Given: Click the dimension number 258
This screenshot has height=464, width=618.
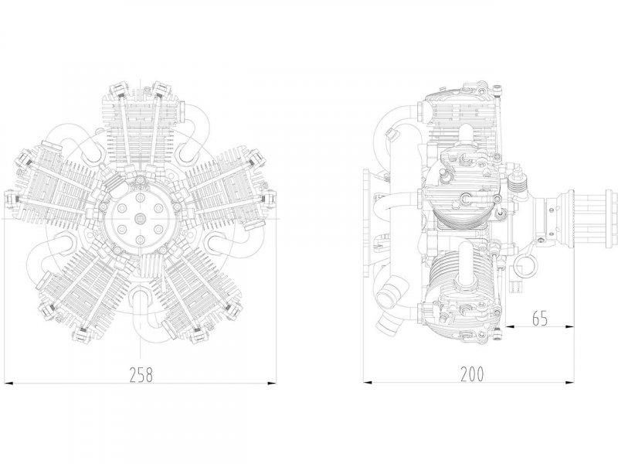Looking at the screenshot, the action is (141, 375).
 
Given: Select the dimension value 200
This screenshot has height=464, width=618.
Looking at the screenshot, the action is (472, 374).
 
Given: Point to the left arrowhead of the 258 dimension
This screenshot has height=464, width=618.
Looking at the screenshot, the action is (8, 383).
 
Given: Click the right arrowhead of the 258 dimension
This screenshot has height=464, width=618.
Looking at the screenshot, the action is (271, 383).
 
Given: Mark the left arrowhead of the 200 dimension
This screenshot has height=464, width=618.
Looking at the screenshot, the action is (368, 382).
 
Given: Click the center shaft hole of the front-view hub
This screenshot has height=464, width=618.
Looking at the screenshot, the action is (141, 218).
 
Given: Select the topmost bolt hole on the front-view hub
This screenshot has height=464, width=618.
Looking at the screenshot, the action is (141, 196).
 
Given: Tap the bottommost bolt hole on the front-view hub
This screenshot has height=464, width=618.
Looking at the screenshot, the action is (141, 239).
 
